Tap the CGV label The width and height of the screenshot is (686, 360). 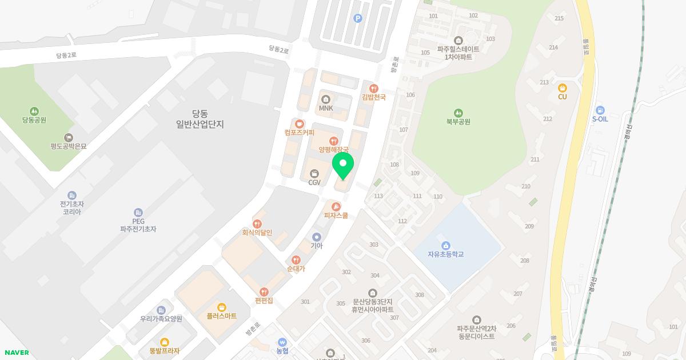pyautogui.click(x=314, y=183)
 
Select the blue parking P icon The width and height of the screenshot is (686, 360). pyautogui.click(x=358, y=18)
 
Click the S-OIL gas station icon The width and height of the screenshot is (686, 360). pyautogui.click(x=600, y=110)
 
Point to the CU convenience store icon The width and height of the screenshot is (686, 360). pyautogui.click(x=563, y=88)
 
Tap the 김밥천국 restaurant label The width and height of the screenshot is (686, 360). pyautogui.click(x=374, y=97)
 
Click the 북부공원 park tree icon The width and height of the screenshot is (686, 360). pyautogui.click(x=458, y=113)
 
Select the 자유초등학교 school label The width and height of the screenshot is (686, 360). pyautogui.click(x=445, y=254)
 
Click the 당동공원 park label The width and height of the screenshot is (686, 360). pyautogui.click(x=34, y=120)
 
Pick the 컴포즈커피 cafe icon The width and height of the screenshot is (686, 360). pyautogui.click(x=299, y=123)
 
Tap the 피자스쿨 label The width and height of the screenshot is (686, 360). pyautogui.click(x=336, y=215)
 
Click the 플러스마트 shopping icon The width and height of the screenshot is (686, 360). pyautogui.click(x=222, y=307)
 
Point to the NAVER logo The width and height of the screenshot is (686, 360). pyautogui.click(x=17, y=353)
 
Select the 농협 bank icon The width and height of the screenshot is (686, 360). pyautogui.click(x=282, y=342)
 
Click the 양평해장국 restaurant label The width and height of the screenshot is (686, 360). pyautogui.click(x=333, y=149)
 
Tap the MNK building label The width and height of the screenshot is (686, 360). pyautogui.click(x=326, y=109)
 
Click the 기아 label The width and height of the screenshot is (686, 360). pyautogui.click(x=317, y=246)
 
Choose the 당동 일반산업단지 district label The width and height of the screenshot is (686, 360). pyautogui.click(x=200, y=118)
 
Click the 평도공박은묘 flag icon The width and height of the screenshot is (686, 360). pyautogui.click(x=69, y=137)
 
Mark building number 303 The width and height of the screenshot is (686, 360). pyautogui.click(x=374, y=245)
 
